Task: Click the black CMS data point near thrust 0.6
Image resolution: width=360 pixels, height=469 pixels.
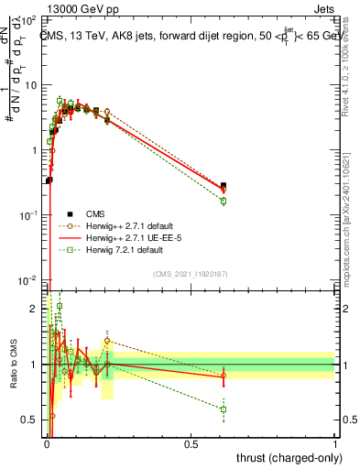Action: [224, 185]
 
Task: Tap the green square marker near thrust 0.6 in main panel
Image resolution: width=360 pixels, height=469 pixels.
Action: [224, 201]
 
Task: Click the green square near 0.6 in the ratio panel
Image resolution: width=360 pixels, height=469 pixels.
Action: [224, 409]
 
